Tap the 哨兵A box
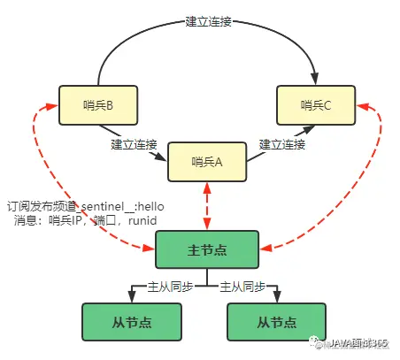click(x=205, y=160)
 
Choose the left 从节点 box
click(x=132, y=323)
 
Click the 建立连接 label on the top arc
click(x=209, y=21)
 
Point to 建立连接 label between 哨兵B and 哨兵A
click(x=135, y=143)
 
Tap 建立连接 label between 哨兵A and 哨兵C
click(x=282, y=143)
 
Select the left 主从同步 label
click(x=169, y=287)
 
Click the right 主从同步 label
click(x=242, y=287)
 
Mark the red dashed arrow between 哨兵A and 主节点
click(x=206, y=205)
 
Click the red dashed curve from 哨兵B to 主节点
click(x=44, y=177)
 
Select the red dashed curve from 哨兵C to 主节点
click(x=370, y=177)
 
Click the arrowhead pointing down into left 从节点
click(x=132, y=298)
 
